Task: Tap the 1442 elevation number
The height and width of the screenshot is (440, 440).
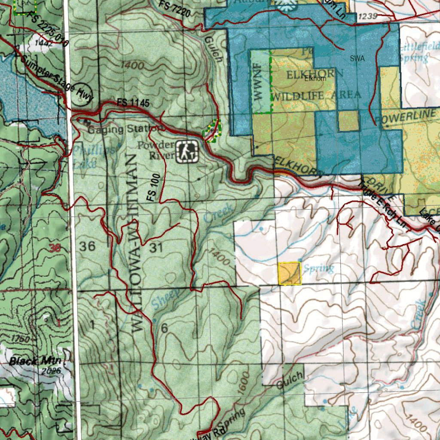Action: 44,43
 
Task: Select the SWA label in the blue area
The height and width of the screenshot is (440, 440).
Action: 357,59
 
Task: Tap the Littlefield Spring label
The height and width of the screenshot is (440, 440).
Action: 419,52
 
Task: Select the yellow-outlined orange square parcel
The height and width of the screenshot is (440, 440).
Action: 290,274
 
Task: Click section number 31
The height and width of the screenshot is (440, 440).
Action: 156,247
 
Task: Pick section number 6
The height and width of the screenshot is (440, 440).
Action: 164,328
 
